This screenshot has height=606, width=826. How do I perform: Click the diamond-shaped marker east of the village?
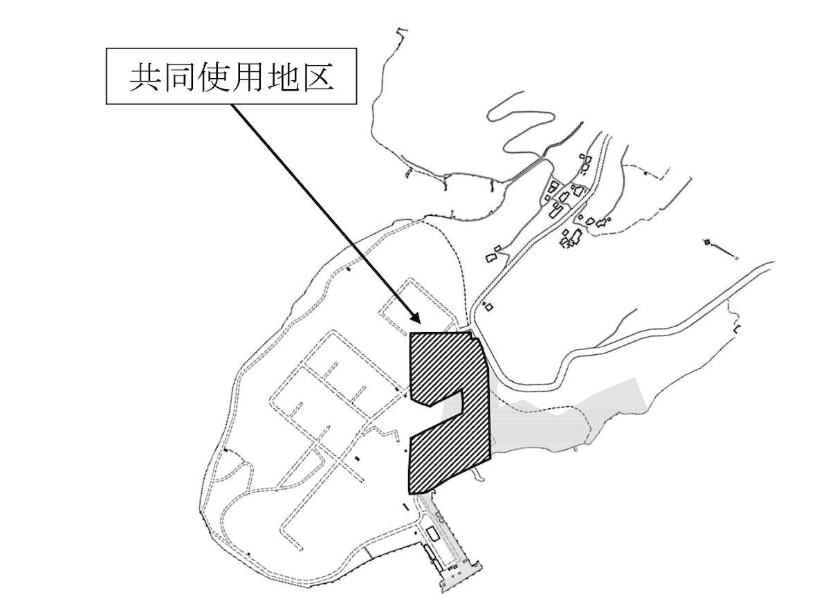coord(708,241)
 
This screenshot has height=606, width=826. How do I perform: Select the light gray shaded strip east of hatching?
coord(553,419)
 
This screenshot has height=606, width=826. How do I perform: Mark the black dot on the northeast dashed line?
coord(646,174)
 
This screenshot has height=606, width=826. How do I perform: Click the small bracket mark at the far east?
coord(737,328)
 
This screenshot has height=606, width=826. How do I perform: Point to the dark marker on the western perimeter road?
coord(226,450)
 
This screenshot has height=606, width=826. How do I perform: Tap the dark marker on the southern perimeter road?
coord(248,553)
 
